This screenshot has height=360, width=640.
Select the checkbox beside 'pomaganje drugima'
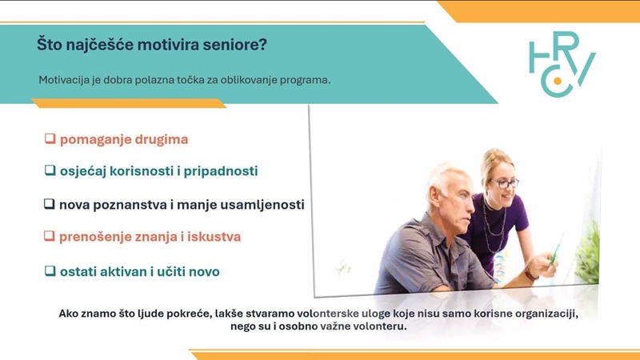coord(50,138)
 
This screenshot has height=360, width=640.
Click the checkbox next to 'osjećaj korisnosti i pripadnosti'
coord(50,170)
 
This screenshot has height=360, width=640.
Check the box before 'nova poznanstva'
coord(50,204)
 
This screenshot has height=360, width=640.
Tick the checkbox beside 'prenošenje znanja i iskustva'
coord(50,236)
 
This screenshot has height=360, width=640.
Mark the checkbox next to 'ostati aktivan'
coord(50,270)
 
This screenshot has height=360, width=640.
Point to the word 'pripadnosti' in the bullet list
coord(221,171)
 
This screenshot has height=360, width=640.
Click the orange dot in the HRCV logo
coord(557,81)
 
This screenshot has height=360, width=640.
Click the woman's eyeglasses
coord(505,183)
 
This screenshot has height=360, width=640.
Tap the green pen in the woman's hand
coord(556,249)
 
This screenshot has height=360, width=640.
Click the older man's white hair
coord(444,175)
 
